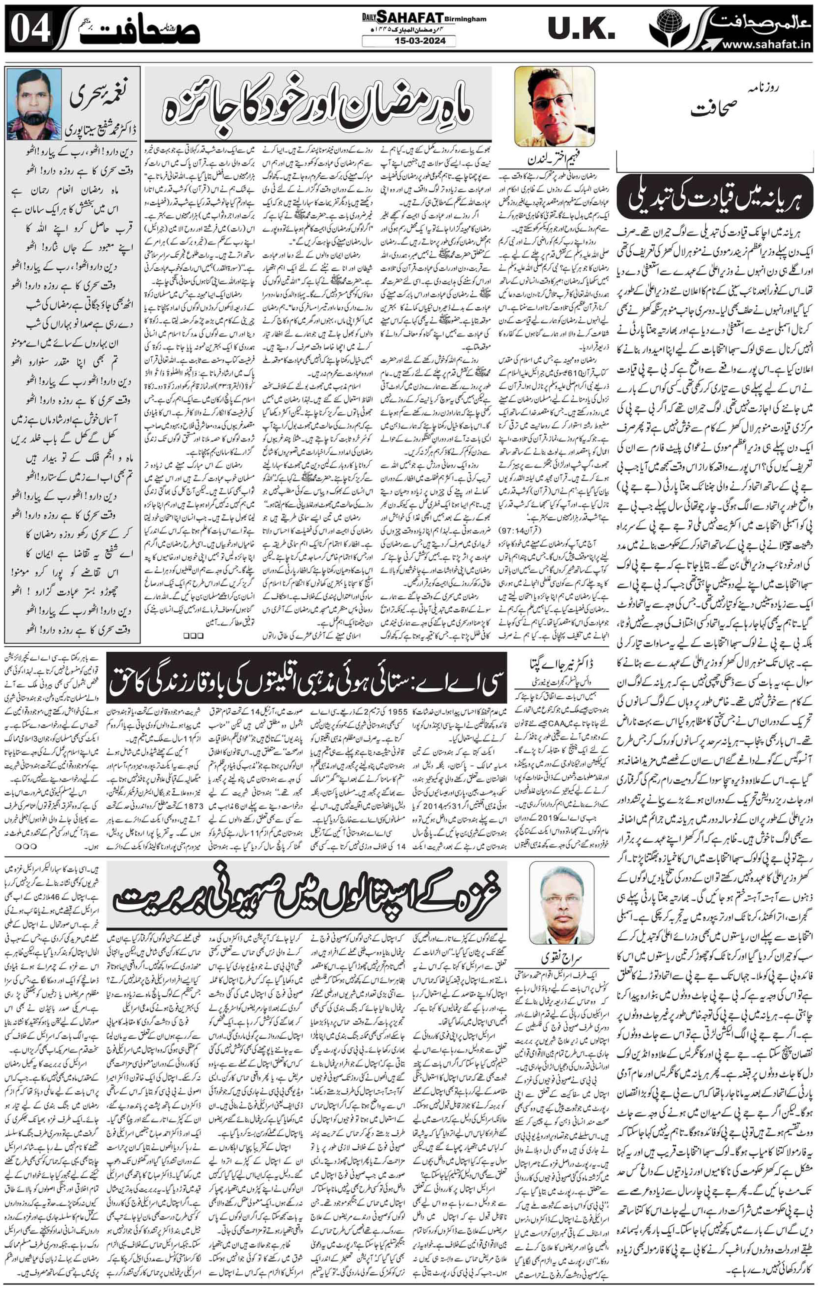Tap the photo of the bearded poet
click(34, 104)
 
